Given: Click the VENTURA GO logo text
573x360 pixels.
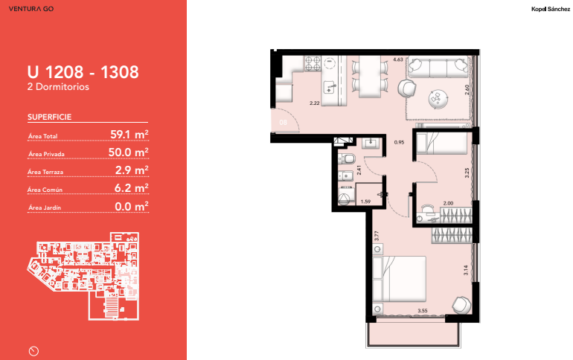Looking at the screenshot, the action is point(31,9).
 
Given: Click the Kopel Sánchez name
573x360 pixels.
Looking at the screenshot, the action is point(551,9).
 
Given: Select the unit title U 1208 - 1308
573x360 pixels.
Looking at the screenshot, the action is point(83,72).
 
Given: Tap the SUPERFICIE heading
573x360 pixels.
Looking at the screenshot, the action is point(49,117).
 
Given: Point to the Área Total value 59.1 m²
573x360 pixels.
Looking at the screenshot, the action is point(129,135).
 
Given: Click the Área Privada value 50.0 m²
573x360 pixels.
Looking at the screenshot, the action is point(128,152).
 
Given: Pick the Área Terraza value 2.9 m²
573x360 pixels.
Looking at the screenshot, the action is point(132,170).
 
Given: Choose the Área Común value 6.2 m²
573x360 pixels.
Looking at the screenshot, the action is point(132,188).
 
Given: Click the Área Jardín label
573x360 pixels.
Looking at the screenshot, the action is point(45,208).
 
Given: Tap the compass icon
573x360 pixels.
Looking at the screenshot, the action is point(33,351).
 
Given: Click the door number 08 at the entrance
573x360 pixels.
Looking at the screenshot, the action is point(284,122).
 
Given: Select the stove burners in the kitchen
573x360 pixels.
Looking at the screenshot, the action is point(313,63).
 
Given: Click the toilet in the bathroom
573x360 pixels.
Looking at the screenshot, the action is point(347,158).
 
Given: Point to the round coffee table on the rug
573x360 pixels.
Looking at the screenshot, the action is point(438,99).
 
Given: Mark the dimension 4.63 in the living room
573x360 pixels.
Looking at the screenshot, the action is point(398,60).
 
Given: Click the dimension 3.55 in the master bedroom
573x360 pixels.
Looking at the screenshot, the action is point(423,311).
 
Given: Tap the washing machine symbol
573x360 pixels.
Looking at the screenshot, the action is point(346,196).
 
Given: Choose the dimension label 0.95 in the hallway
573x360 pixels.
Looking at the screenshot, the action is point(399,142).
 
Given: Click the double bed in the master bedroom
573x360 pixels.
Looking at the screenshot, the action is point(400,280).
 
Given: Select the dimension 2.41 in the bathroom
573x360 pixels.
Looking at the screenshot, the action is point(359,170).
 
